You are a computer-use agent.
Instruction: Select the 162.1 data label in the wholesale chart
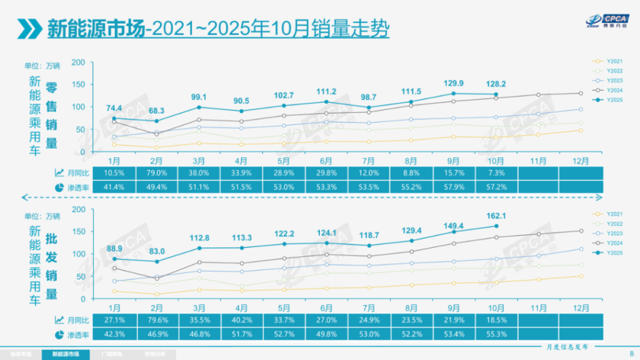[496, 215]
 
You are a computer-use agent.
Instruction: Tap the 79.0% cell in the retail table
[157, 173]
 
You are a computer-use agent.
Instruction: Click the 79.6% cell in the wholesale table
[157, 320]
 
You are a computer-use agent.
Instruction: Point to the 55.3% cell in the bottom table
[496, 334]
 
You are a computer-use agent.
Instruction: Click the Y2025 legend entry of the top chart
[616, 99]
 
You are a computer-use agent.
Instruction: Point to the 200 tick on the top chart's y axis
[78, 62]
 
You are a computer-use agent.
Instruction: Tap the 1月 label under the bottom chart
[114, 307]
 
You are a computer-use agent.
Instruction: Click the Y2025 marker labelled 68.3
[157, 121]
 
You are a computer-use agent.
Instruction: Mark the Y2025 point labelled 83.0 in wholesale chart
[157, 261]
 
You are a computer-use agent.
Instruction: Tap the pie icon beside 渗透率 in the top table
[59, 187]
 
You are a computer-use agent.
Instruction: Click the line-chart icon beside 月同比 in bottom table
[59, 320]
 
